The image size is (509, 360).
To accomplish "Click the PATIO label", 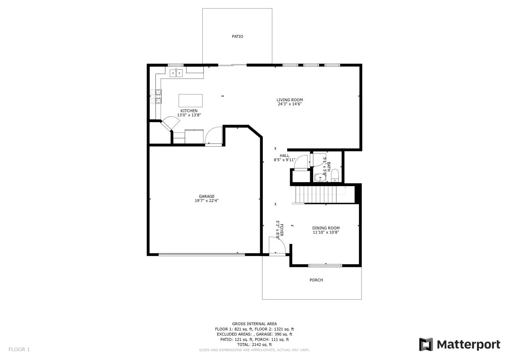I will pos(237,36).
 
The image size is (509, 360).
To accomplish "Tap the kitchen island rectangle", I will pos(190,100).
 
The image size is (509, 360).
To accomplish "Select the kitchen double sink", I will pos(176,73).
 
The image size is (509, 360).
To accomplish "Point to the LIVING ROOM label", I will pos(289,100).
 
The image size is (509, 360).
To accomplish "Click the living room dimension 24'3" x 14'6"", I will pos(289,104).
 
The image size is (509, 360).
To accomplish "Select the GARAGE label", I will pos(207,196).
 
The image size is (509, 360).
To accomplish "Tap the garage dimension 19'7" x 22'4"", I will pos(207,201).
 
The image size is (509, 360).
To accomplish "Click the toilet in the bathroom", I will pos(335,175).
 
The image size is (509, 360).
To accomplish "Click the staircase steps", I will pos(316,194).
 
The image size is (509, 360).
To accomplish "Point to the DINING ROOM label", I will pos(326,228).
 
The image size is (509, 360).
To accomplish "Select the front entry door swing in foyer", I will pos(277,246).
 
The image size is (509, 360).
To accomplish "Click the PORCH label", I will pos(316,280).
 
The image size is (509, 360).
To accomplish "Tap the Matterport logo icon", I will pos(426,345).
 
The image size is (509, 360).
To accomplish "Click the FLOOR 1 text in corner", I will pos(19,349).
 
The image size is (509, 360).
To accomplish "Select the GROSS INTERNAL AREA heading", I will pos(254,324).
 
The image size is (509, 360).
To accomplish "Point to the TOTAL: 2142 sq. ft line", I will pos(254,345).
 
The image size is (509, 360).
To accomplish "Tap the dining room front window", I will pos(325,266).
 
